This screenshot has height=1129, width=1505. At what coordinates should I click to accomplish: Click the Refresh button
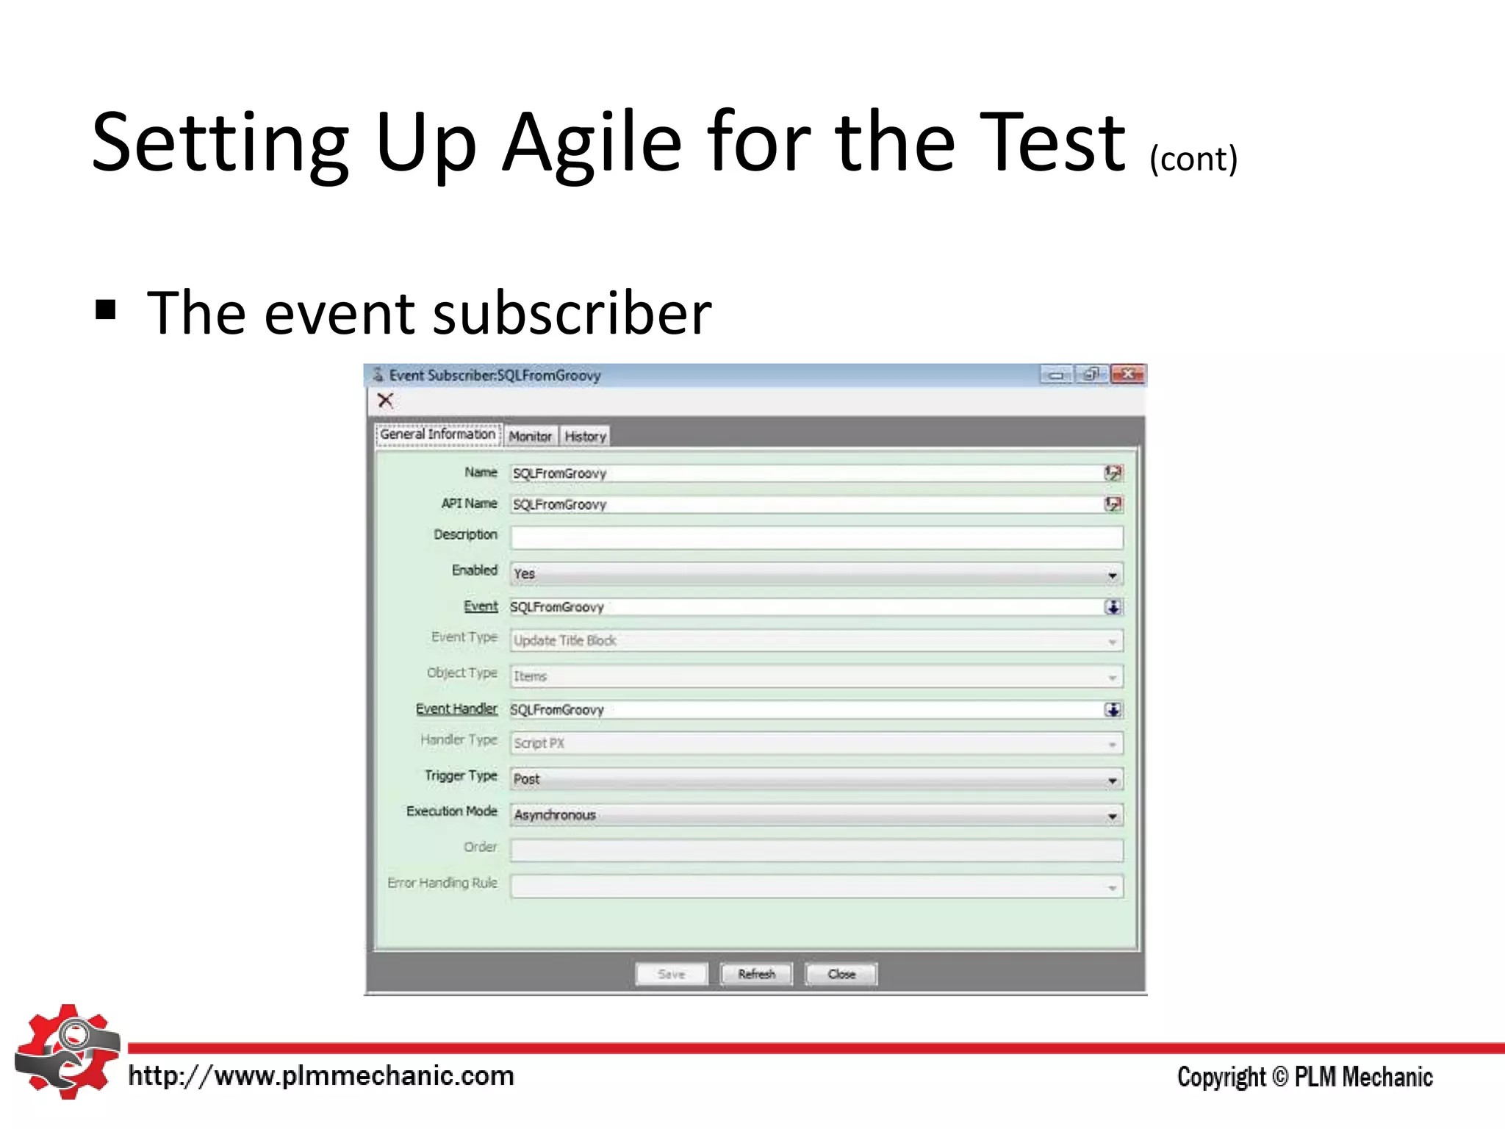pos(756,974)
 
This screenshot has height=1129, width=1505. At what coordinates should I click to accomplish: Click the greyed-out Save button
pos(671,974)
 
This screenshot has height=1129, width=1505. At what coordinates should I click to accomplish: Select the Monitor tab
pos(530,436)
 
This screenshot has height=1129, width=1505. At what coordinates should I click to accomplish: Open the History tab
pos(585,436)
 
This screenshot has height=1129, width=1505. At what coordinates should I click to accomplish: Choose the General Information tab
pos(438,434)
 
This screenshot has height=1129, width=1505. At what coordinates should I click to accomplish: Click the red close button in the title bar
pos(1127,375)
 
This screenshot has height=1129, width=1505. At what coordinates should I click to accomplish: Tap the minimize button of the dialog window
pos(1056,375)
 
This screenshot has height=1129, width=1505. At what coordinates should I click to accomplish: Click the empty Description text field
pos(816,537)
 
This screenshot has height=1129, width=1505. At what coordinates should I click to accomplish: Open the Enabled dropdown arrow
pos(1113,575)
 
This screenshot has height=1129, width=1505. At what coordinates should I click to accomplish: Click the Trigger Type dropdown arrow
pos(1113,781)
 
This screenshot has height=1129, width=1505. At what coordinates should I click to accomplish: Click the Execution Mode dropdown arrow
pos(1113,816)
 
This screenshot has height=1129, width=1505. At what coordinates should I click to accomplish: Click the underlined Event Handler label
pos(456,709)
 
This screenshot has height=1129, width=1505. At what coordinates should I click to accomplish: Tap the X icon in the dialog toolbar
pos(386,401)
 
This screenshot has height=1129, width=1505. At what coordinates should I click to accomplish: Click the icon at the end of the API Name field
pos(1113,504)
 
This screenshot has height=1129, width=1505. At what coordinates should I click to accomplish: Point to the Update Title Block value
pos(565,641)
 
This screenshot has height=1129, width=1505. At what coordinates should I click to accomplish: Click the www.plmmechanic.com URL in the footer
pos(321,1076)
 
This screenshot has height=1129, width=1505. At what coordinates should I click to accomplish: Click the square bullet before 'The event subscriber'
pos(106,310)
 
